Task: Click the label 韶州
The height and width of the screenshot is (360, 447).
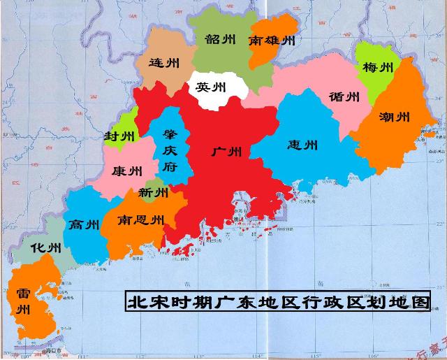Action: [x=220, y=40]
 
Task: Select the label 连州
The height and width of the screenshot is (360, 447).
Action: [x=164, y=62]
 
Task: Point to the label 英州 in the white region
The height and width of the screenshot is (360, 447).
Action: [x=211, y=87]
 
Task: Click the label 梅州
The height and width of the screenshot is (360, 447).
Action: [x=377, y=68]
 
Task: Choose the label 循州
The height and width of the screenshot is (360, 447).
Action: [x=344, y=96]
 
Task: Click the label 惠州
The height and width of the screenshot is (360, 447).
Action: [x=302, y=145]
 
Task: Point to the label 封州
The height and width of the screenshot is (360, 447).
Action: [x=116, y=136]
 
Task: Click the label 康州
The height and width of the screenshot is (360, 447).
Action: [x=126, y=170]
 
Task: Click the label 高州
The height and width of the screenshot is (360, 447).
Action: [x=84, y=224]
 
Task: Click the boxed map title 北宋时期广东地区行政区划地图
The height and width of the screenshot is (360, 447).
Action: [x=277, y=302]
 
